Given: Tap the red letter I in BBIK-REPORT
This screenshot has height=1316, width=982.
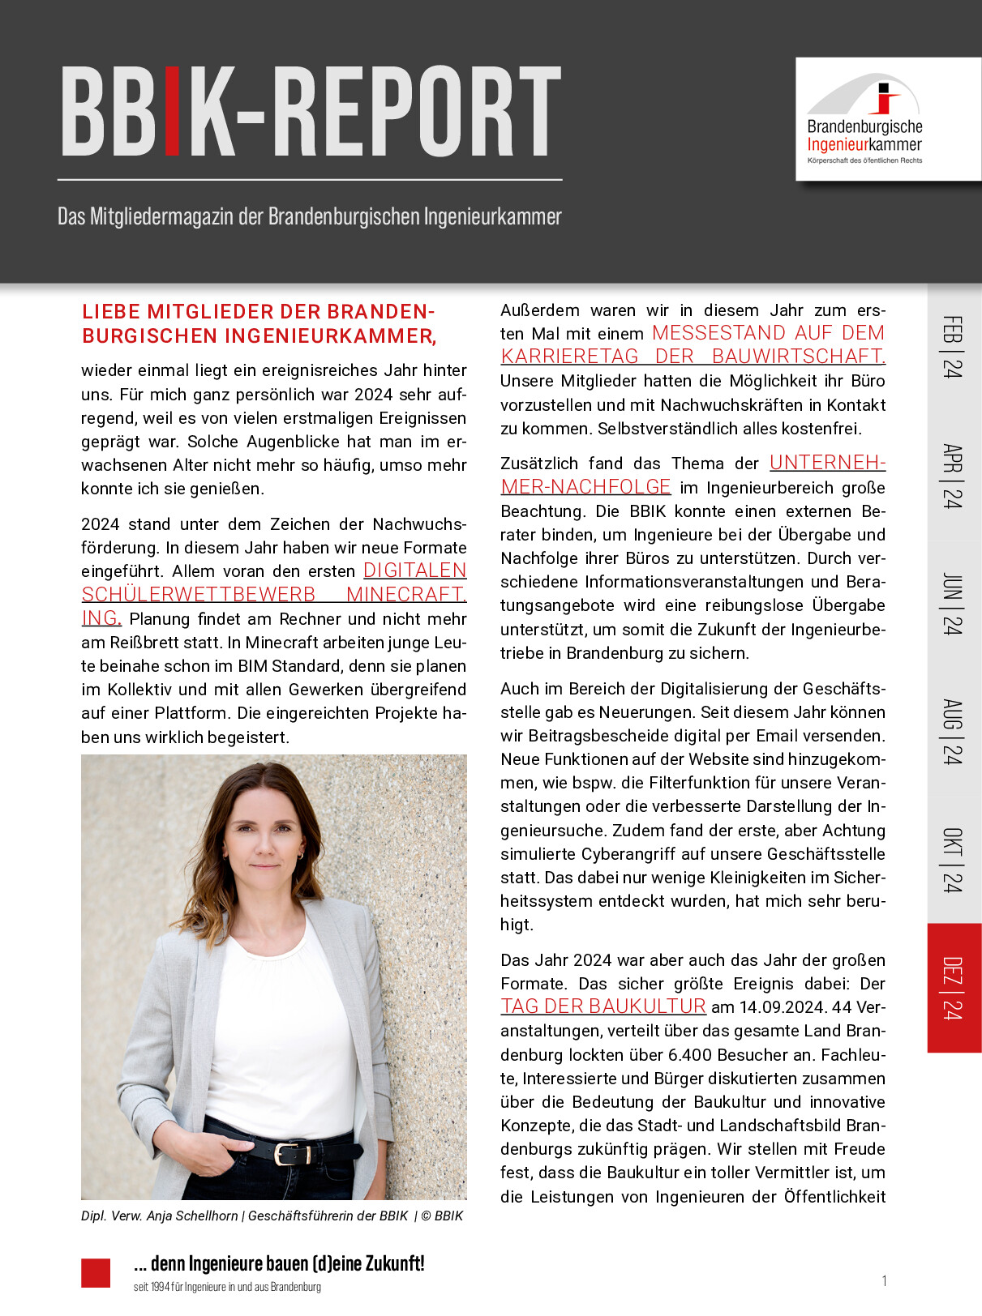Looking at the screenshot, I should coord(172,112).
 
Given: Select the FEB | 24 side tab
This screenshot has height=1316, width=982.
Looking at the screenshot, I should coord(953,347).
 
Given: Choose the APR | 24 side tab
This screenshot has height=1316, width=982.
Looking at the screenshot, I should coord(953,476).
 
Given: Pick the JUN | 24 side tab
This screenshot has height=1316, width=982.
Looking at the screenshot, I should coord(953,604).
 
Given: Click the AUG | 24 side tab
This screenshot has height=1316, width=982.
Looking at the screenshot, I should coord(953,732).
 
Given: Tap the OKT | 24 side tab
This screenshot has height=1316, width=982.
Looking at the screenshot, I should coord(953,860).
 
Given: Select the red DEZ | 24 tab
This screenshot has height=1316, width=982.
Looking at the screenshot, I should coord(953,988).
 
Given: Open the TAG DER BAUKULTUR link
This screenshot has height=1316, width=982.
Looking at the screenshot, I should coord(602,1006).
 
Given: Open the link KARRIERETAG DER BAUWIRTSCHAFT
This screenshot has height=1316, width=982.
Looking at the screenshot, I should coord(693,357).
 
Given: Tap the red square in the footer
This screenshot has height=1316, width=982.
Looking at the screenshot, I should coord(96,1272).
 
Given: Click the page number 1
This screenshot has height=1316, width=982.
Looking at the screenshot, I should coord(884,1281).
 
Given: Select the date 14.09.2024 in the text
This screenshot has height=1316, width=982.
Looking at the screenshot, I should coord(781,1007).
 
